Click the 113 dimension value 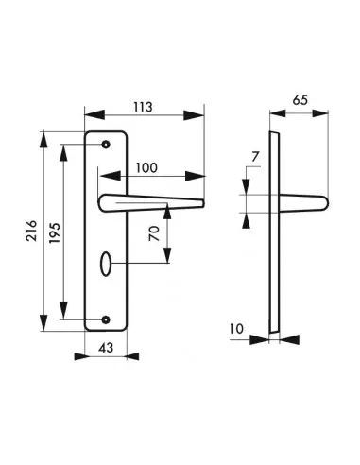143,107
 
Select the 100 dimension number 146,168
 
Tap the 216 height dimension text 31,231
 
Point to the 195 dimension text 55,232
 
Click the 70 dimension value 155,234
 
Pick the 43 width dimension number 106,348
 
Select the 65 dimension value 300,100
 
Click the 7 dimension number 255,157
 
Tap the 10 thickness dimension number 237,329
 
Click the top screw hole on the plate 106,145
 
